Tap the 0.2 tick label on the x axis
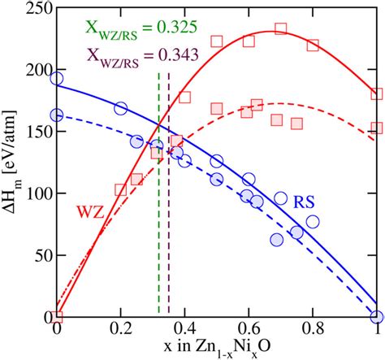120,331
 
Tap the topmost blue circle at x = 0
57,79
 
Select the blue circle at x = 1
377,316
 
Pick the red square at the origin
57,316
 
